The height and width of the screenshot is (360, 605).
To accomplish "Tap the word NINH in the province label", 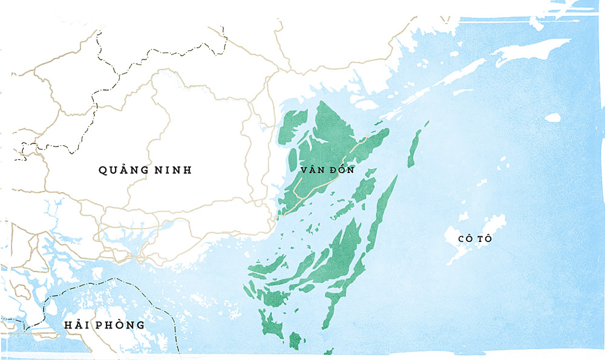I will click(174, 170).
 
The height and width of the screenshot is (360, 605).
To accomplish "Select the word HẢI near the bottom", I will click(76, 325).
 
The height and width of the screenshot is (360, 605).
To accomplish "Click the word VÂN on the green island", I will click(312, 171).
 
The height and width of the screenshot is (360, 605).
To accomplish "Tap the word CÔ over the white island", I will click(465, 238).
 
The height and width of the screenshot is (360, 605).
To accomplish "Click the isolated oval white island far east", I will click(552, 117).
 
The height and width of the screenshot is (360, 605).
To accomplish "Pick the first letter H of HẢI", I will click(68, 325).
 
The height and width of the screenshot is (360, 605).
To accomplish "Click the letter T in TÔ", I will click(480, 238).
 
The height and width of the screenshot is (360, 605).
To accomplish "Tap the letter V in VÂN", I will click(304, 171).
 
